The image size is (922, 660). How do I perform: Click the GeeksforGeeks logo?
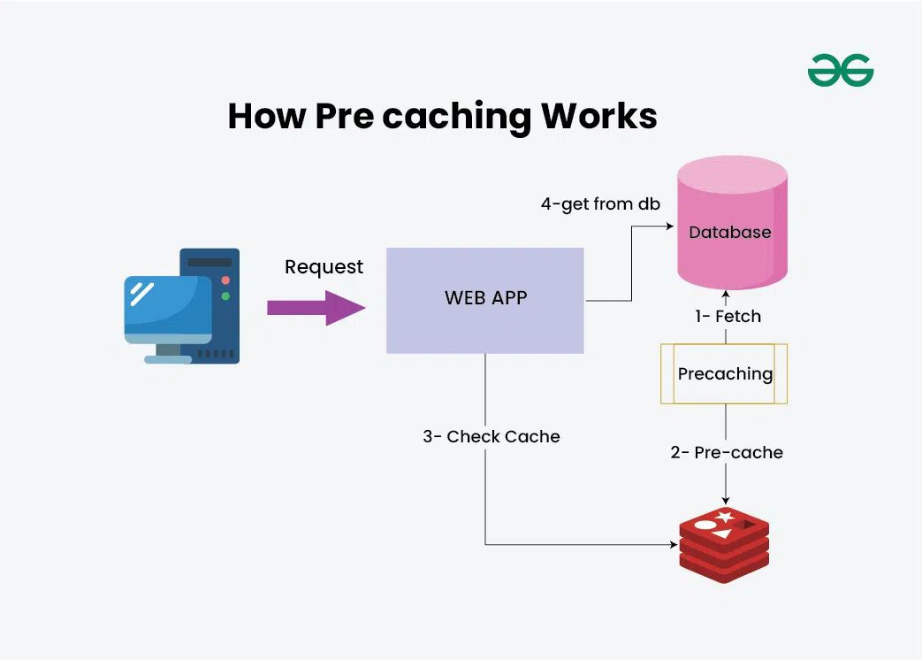[840, 71]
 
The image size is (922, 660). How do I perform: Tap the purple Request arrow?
[316, 307]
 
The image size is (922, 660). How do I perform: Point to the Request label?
[324, 267]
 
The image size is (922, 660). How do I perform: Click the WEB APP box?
[485, 300]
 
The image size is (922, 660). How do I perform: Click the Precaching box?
[724, 374]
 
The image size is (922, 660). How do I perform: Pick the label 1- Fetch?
[727, 316]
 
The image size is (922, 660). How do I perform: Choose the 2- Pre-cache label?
[727, 453]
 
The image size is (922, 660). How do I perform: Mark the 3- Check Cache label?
[491, 437]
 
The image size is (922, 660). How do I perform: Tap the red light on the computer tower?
[225, 280]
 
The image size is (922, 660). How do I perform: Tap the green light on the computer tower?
[225, 295]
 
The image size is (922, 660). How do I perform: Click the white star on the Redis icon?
[725, 517]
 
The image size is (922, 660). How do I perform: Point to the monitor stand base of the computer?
[168, 359]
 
